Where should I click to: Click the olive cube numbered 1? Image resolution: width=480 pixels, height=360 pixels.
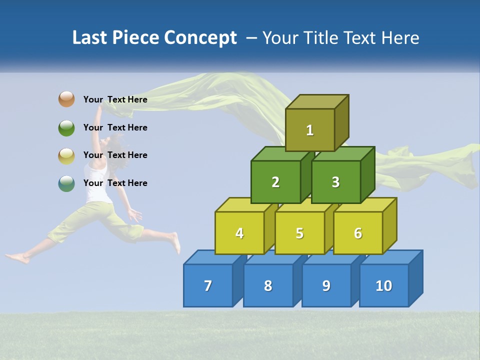(x=310, y=130)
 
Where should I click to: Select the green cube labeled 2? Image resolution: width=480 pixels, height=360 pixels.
(x=275, y=182)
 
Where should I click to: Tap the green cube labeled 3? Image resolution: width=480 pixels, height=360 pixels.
(x=335, y=182)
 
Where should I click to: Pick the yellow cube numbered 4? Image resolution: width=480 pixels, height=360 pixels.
(x=239, y=233)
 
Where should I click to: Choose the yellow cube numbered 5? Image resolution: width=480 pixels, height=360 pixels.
(x=299, y=233)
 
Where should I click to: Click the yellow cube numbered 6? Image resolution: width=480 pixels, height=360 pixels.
(x=358, y=233)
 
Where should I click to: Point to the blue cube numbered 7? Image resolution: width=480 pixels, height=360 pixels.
(x=208, y=285)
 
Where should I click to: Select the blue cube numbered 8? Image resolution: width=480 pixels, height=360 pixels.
(x=268, y=285)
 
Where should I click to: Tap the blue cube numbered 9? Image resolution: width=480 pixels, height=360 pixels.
(x=326, y=285)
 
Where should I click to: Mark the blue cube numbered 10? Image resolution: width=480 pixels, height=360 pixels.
(x=383, y=285)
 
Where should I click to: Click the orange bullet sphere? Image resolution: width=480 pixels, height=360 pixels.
(x=66, y=99)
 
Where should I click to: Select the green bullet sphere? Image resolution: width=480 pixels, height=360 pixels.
(x=66, y=127)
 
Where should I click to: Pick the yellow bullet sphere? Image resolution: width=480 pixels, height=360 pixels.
(x=66, y=155)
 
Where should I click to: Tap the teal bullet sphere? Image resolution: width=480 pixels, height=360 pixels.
(x=66, y=183)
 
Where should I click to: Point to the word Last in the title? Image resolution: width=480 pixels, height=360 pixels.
(x=90, y=38)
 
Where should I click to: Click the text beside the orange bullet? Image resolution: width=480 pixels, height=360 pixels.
(x=115, y=99)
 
